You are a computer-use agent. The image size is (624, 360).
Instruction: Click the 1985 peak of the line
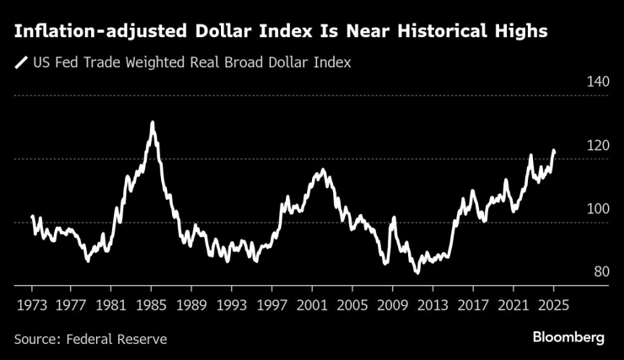click(x=152, y=123)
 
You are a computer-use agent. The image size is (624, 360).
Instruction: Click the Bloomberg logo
click(x=568, y=337)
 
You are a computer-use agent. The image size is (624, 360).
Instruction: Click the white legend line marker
click(x=20, y=62)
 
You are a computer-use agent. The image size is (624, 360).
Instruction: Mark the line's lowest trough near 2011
click(x=416, y=272)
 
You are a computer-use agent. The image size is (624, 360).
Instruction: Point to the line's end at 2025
click(x=554, y=152)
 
